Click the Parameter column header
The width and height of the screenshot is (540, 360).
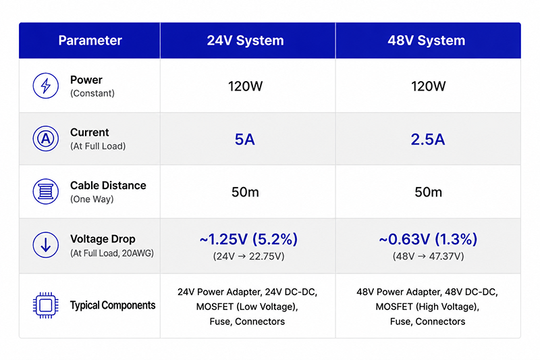[x=90, y=41]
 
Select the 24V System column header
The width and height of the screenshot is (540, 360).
[x=245, y=41]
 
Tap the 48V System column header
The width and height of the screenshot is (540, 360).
[x=427, y=41]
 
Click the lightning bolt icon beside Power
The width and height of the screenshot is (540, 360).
[x=45, y=85]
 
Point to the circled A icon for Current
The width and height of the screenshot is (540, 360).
[x=45, y=138]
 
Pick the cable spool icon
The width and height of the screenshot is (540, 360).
[x=45, y=192]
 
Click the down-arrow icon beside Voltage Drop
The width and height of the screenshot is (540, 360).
[x=45, y=245]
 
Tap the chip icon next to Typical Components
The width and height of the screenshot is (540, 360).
[x=45, y=305]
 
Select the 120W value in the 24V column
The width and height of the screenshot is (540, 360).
[x=245, y=86]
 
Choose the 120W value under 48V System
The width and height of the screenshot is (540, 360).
[x=428, y=86]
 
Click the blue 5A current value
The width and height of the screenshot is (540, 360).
[x=245, y=140]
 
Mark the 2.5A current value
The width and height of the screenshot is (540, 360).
[x=428, y=140]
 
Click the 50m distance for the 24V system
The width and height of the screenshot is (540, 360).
[x=245, y=192]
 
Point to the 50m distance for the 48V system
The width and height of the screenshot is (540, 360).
[x=428, y=192]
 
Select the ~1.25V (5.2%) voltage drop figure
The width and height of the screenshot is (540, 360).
[x=248, y=239]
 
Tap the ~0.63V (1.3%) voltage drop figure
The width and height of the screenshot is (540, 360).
[x=428, y=239]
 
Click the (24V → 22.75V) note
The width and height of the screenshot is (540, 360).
[x=248, y=256]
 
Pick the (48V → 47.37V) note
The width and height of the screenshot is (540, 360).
[x=428, y=256]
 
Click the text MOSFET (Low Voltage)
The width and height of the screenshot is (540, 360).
[x=247, y=307]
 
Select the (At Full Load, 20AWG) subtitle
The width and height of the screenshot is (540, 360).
[x=112, y=253]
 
